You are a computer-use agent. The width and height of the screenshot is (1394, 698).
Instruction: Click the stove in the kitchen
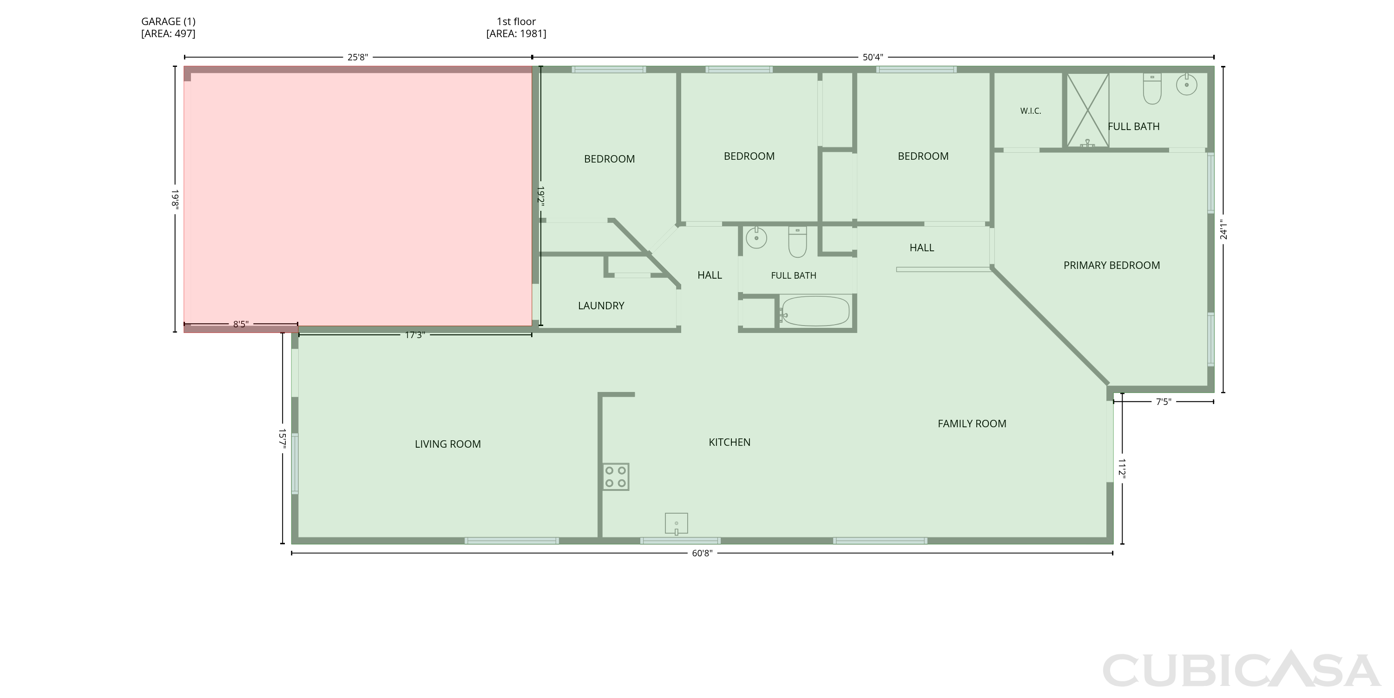pyautogui.click(x=616, y=477)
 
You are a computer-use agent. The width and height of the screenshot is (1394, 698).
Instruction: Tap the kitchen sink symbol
pyautogui.click(x=677, y=524)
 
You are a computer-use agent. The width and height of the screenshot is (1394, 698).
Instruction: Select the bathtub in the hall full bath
pyautogui.click(x=815, y=311)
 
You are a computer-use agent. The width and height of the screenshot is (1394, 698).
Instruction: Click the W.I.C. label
pyautogui.click(x=1030, y=111)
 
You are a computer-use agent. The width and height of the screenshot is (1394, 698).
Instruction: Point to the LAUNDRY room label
pyautogui.click(x=601, y=306)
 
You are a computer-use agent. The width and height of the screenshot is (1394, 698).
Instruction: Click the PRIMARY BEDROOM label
pyautogui.click(x=1111, y=266)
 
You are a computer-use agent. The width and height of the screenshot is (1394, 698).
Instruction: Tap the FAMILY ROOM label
pyautogui.click(x=972, y=424)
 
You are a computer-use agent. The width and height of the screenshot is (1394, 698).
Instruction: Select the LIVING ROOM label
pyautogui.click(x=447, y=444)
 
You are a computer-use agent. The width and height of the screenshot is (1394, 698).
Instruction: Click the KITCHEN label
pyautogui.click(x=730, y=442)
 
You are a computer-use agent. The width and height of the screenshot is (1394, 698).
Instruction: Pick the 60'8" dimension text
pyautogui.click(x=703, y=553)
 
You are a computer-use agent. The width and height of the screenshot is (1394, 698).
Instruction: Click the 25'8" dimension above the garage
pyautogui.click(x=358, y=57)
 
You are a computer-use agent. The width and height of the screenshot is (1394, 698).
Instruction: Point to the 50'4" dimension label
pyautogui.click(x=873, y=57)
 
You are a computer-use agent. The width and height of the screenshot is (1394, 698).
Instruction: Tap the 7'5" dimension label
pyautogui.click(x=1164, y=402)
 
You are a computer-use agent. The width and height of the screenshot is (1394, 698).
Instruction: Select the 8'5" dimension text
pyautogui.click(x=241, y=325)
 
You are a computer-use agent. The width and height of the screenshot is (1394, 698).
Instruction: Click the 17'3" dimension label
pyautogui.click(x=415, y=335)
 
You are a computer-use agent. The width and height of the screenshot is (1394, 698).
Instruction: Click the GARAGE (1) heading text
pyautogui.click(x=168, y=22)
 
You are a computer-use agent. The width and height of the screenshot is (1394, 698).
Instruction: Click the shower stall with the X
pyautogui.click(x=1088, y=110)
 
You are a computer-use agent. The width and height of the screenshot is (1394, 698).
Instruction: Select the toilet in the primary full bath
pyautogui.click(x=1152, y=89)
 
